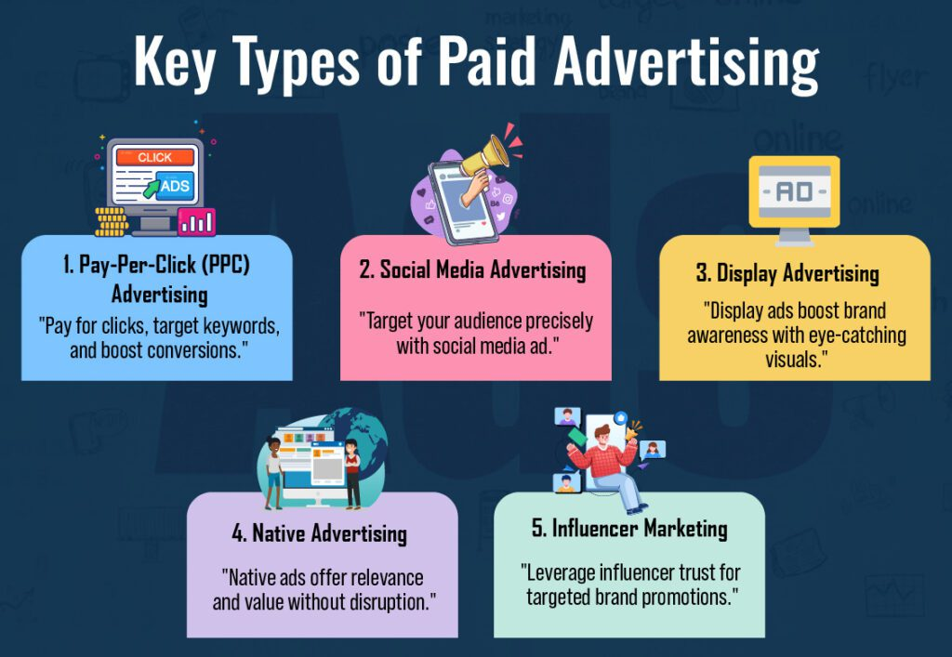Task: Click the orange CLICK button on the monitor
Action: click(x=155, y=157)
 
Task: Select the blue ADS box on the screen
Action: click(x=175, y=186)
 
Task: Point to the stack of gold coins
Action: click(x=112, y=221)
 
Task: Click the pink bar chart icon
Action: click(x=196, y=222)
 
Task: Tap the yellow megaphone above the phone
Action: click(x=485, y=155)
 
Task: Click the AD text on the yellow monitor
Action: click(x=794, y=192)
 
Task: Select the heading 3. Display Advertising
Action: click(x=787, y=273)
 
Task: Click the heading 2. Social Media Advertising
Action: click(x=472, y=270)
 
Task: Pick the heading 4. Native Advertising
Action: click(x=320, y=533)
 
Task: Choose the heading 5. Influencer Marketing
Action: click(x=629, y=529)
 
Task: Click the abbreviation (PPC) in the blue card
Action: click(x=225, y=265)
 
